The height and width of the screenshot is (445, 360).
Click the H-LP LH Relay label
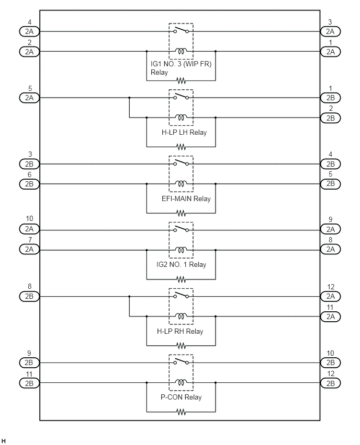click(x=184, y=132)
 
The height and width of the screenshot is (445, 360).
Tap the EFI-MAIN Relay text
click(x=186, y=198)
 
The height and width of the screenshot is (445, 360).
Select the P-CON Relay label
click(x=181, y=397)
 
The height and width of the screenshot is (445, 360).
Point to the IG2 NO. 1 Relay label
click(x=181, y=264)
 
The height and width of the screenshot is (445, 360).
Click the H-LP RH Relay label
click(x=180, y=331)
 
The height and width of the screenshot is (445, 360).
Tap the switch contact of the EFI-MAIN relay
click(x=181, y=162)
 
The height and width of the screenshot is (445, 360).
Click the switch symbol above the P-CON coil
click(x=181, y=361)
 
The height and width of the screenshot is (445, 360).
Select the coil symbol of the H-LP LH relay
click(x=181, y=117)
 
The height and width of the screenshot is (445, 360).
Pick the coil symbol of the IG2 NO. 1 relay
click(x=181, y=250)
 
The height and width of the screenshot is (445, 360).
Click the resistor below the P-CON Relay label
click(x=181, y=412)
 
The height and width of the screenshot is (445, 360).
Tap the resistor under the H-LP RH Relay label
click(x=181, y=346)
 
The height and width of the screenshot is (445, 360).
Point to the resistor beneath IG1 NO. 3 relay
click(x=181, y=80)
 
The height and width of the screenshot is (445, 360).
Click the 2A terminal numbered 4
click(x=29, y=31)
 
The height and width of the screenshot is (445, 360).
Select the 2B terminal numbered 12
click(x=330, y=383)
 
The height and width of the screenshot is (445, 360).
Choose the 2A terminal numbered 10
click(x=29, y=229)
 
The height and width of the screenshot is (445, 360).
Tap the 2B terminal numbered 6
click(x=29, y=184)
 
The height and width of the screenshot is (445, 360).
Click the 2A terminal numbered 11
click(x=330, y=317)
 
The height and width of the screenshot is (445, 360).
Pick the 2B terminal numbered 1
click(x=330, y=98)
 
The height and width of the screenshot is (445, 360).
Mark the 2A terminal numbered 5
click(x=29, y=98)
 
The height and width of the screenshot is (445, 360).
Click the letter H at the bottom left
click(x=4, y=441)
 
